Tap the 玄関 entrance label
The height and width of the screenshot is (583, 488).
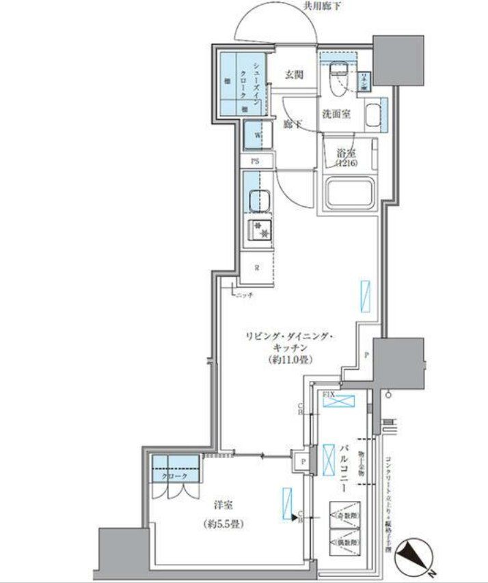[x=295, y=74]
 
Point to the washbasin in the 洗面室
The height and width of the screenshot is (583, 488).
[x=373, y=114]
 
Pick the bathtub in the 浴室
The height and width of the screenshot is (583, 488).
[x=351, y=193]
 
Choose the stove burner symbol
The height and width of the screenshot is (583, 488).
[x=259, y=231]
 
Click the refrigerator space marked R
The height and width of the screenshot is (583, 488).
[x=257, y=267]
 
